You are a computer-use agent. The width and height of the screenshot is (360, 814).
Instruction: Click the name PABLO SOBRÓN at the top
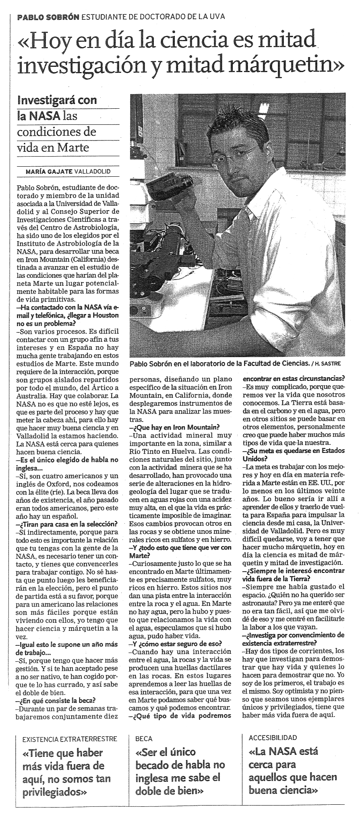click(48, 17)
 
